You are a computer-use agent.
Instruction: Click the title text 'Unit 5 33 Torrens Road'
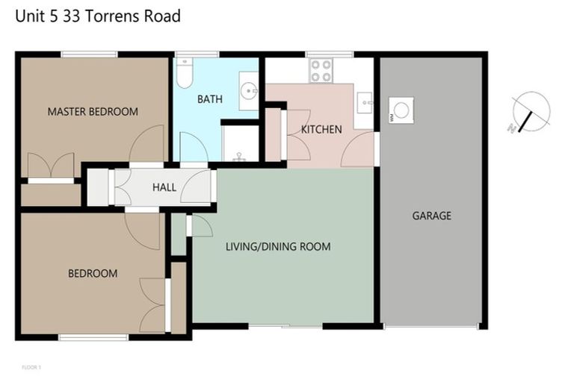98,16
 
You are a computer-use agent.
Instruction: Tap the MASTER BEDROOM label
93,112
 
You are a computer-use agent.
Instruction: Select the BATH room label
209,99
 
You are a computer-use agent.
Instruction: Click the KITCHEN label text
321,129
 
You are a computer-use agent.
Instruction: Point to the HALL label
164,187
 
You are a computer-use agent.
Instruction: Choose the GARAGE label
432,216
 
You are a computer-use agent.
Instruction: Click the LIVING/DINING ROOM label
278,246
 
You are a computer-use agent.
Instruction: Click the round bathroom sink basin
249,92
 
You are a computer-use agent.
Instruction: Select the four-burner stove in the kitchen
321,70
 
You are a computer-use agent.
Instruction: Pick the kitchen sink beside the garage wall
365,101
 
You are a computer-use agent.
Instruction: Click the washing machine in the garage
401,110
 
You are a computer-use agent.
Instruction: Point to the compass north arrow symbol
531,113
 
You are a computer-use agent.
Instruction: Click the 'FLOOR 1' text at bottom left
31,367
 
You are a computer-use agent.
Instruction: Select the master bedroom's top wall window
89,54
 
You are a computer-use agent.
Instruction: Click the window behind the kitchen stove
329,54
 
